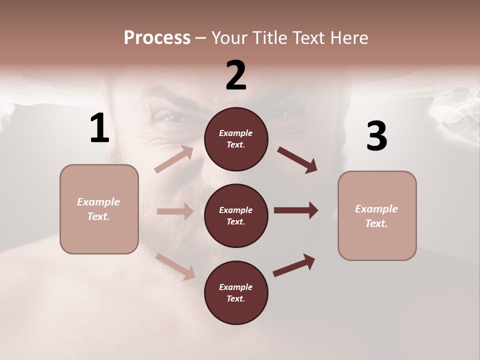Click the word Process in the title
(157, 37)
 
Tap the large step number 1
(99, 128)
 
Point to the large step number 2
(236, 75)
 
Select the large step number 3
(376, 136)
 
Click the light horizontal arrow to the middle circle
(175, 211)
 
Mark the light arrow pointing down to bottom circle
(175, 266)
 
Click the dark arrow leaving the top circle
(297, 160)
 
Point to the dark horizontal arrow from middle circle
(295, 210)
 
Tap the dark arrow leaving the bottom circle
(294, 265)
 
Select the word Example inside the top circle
(236, 133)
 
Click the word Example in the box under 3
(376, 209)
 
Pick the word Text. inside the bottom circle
(236, 298)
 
